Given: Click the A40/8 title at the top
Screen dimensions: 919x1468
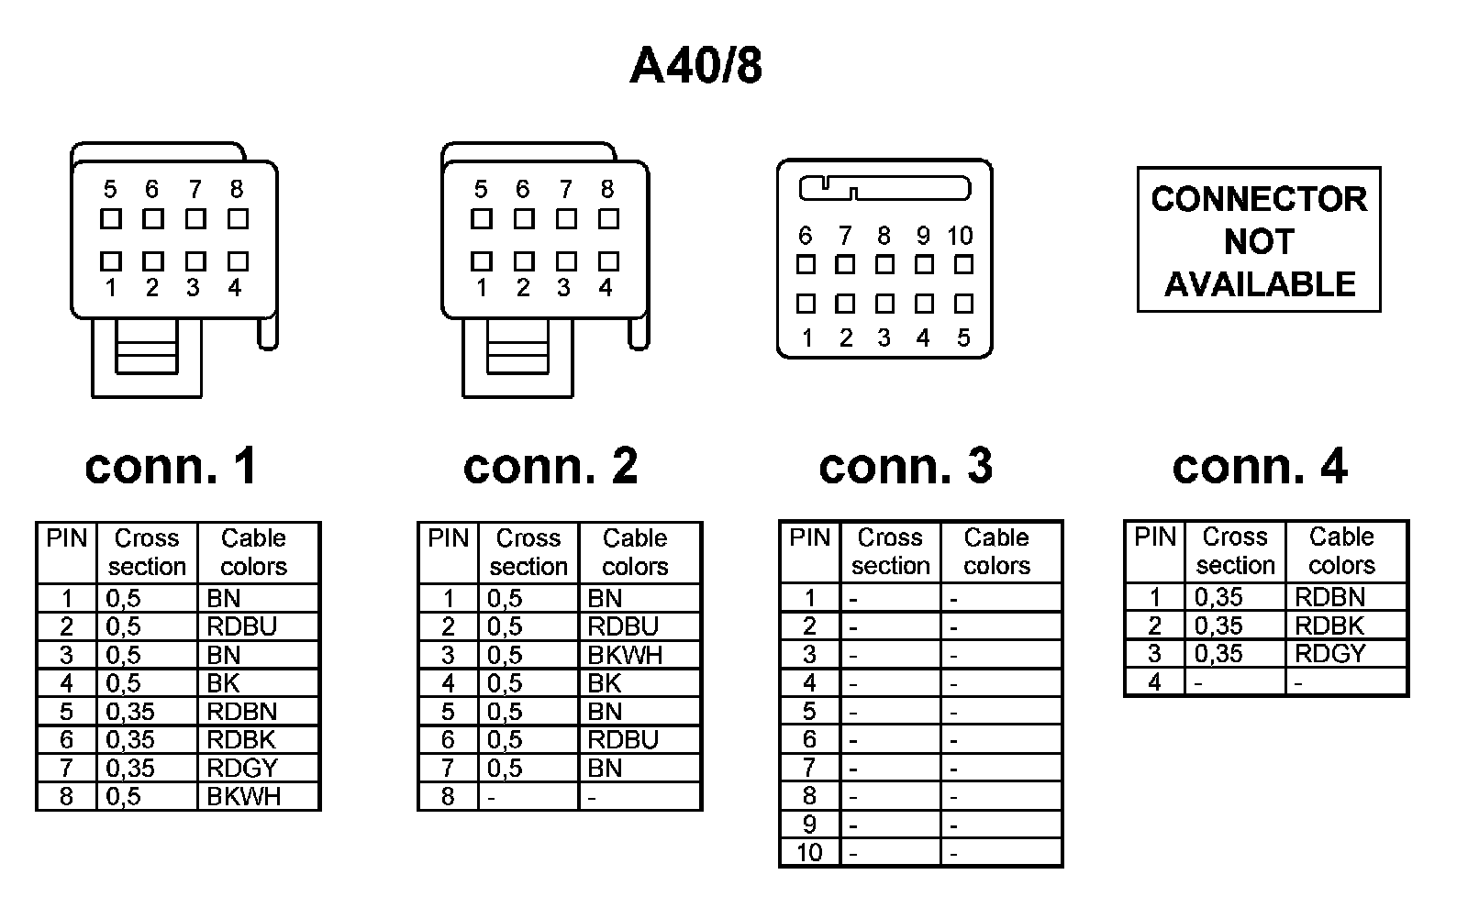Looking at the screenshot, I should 695,66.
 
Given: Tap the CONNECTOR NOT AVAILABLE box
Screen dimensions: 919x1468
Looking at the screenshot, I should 1259,240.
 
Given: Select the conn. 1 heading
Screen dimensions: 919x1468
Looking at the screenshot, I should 171,466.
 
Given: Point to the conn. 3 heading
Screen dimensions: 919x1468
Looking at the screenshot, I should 906,466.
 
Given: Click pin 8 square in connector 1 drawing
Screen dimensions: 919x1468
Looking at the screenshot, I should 238,219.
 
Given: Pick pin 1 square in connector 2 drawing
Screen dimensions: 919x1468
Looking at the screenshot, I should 482,261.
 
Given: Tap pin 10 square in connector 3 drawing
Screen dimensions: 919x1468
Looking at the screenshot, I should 963,264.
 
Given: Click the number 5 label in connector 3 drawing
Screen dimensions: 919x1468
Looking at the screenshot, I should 963,338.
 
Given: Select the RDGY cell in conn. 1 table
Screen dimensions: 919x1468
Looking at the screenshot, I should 242,768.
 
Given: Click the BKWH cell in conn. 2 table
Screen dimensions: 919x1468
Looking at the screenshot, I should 625,655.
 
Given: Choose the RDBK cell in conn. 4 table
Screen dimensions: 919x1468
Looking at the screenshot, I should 1329,626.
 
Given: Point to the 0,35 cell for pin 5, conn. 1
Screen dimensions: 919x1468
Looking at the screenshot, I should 130,712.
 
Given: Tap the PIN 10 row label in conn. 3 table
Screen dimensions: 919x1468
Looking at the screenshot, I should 809,853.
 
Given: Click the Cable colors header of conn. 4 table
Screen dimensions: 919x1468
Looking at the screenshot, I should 1341,550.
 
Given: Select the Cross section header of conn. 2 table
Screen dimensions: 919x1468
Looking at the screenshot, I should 528,552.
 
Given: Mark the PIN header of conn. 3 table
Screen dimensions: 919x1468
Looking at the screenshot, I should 809,538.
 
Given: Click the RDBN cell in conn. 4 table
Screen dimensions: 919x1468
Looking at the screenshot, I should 1329,597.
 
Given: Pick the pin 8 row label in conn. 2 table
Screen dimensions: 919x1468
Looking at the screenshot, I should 448,796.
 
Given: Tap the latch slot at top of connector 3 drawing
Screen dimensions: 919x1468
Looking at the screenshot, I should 884,189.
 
